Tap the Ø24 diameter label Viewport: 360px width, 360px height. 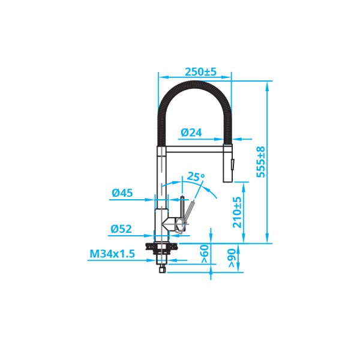[191, 132]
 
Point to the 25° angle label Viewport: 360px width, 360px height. [196, 176]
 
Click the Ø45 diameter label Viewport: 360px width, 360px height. [122, 193]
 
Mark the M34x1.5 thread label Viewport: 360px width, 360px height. [112, 254]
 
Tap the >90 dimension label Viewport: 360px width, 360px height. [232, 257]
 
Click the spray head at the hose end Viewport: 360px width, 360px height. [229, 162]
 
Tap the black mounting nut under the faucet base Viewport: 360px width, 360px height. [160, 245]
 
